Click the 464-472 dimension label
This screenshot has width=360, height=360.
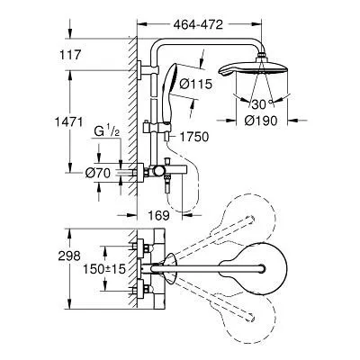pyautogui.click(x=198, y=25)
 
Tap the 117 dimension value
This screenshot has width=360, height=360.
pyautogui.click(x=70, y=55)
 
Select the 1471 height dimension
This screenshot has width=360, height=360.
pyautogui.click(x=68, y=121)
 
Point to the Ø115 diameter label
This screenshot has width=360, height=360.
pyautogui.click(x=195, y=84)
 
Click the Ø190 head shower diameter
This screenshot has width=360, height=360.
pyautogui.click(x=261, y=121)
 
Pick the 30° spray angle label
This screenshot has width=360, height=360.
pyautogui.click(x=261, y=104)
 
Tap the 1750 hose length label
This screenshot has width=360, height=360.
pyautogui.click(x=193, y=137)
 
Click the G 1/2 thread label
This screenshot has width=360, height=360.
pyautogui.click(x=107, y=131)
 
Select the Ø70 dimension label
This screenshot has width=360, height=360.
pyautogui.click(x=98, y=173)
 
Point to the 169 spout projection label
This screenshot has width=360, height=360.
pyautogui.click(x=158, y=215)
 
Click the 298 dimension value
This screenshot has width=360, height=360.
pyautogui.click(x=69, y=256)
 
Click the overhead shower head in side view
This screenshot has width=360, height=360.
pyautogui.click(x=254, y=67)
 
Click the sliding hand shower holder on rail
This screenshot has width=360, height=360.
pyautogui.click(x=157, y=127)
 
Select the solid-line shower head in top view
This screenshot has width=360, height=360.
pyautogui.click(x=254, y=268)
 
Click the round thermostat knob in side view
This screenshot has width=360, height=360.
pyautogui.click(x=158, y=171)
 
